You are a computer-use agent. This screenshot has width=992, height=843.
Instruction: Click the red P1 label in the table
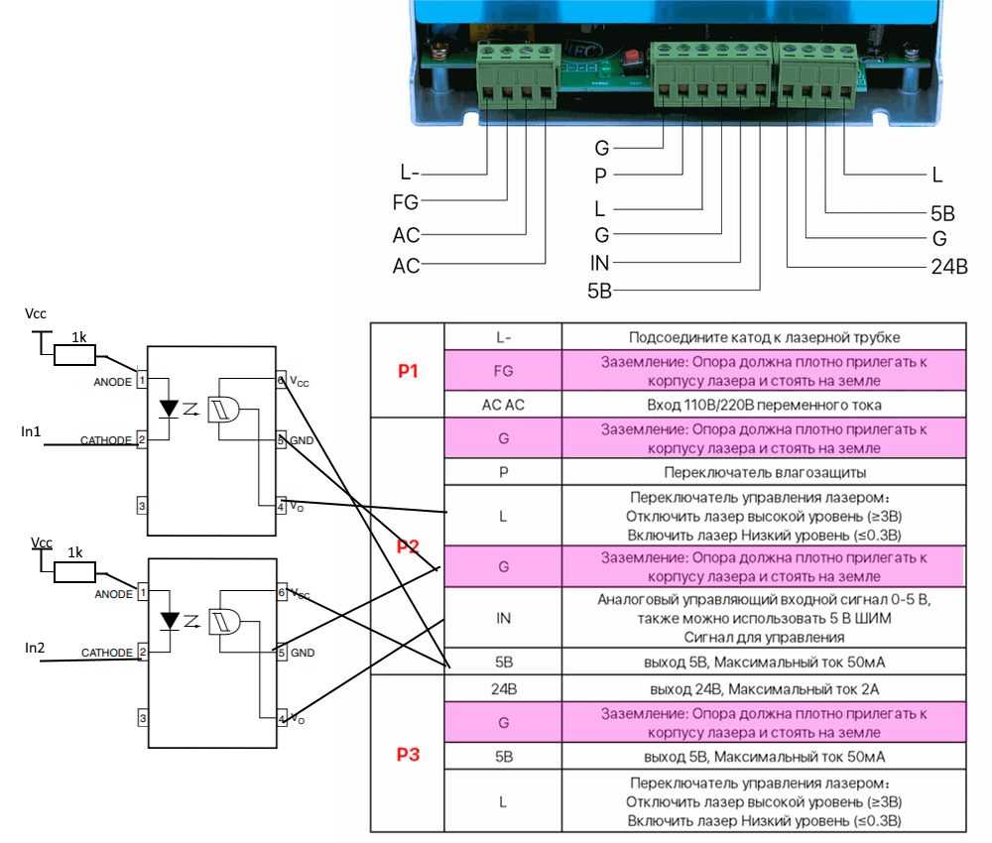coord(407,371)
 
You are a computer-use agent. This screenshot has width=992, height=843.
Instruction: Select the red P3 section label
coord(407,755)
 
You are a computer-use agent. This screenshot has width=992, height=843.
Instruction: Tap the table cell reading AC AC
coord(503,405)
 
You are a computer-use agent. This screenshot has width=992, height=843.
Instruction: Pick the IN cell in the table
coord(503,617)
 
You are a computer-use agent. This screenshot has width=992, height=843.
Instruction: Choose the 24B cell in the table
coord(503,686)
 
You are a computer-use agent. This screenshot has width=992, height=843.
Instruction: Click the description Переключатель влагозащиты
coord(764,472)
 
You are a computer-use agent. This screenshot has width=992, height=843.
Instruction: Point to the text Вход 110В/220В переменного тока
coord(764,405)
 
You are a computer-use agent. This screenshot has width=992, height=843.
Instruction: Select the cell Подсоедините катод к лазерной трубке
coord(764,337)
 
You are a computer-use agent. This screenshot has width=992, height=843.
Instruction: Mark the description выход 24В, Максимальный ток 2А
coord(764,686)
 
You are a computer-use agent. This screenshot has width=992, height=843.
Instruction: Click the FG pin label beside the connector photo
coord(406,203)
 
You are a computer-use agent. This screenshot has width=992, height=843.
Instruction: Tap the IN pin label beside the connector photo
coord(599,263)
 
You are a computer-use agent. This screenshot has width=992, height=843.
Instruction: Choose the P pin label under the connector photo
coord(600,177)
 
